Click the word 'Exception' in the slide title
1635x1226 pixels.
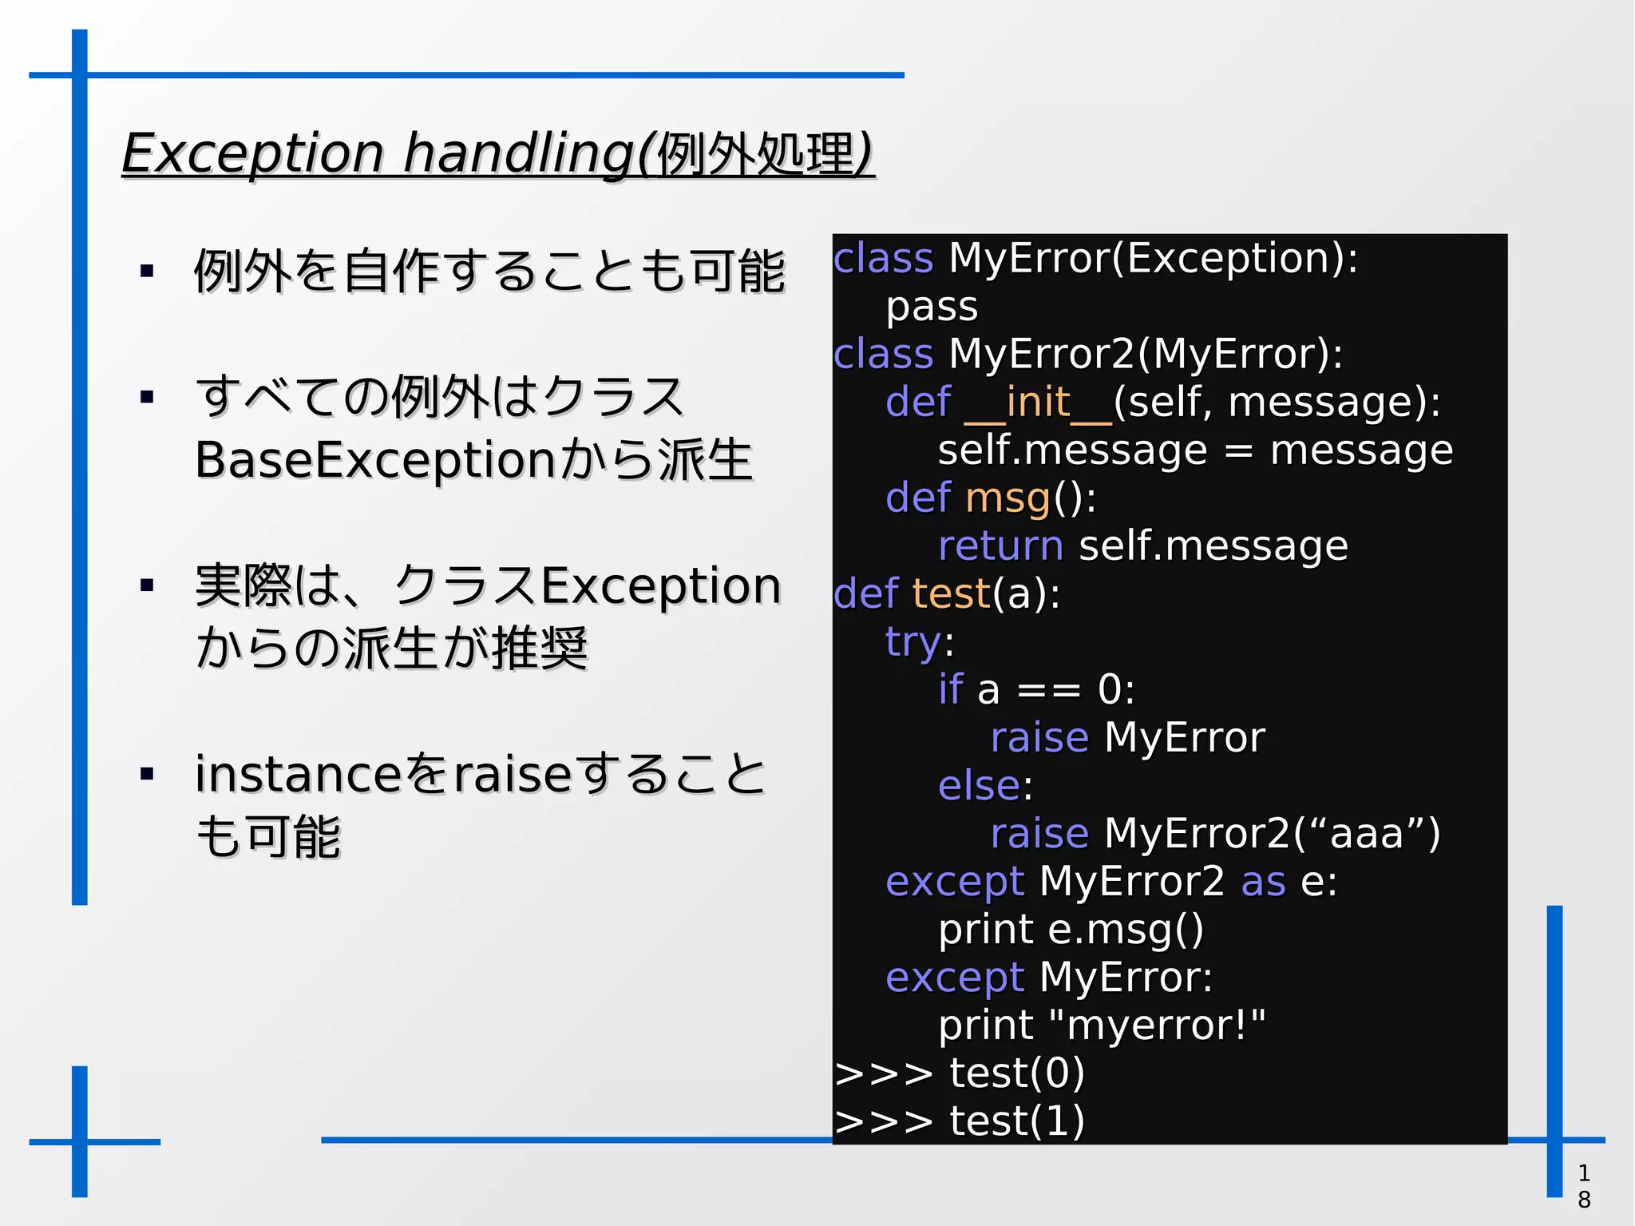click(252, 153)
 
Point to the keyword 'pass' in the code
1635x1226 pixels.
click(932, 307)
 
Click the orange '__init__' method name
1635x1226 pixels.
click(1038, 402)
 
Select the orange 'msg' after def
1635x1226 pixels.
click(1008, 498)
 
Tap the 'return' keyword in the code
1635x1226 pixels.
click(1000, 546)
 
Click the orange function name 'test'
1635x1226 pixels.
click(951, 594)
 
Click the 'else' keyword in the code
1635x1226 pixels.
click(979, 786)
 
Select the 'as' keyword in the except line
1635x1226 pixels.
click(1263, 882)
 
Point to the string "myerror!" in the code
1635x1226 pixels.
click(1157, 1026)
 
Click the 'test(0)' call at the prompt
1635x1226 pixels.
click(1016, 1073)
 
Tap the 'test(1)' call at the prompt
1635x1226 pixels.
click(1016, 1121)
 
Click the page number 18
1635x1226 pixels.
click(1584, 1186)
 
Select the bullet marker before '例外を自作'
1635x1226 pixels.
click(146, 272)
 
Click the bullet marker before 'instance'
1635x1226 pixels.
click(146, 774)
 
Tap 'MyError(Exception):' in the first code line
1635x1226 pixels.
click(1153, 259)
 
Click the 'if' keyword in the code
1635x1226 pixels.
click(950, 690)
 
